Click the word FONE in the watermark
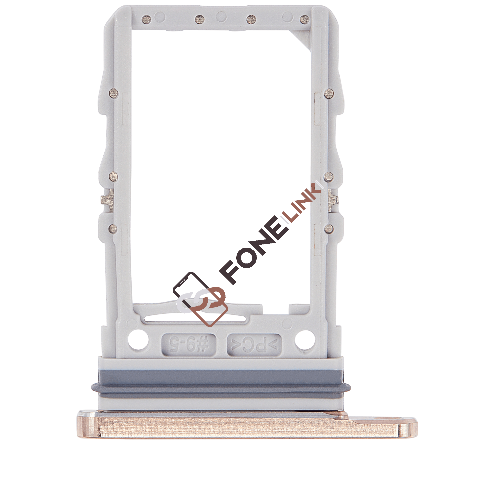coord(253,250)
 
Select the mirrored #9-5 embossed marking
coord(189,345)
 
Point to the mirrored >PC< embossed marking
coord(254,345)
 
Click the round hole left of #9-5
coord(138,340)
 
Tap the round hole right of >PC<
coord(305,340)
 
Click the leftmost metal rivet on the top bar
coord(146,19)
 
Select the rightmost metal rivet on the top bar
coord(305,19)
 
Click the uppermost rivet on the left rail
coord(114,93)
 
